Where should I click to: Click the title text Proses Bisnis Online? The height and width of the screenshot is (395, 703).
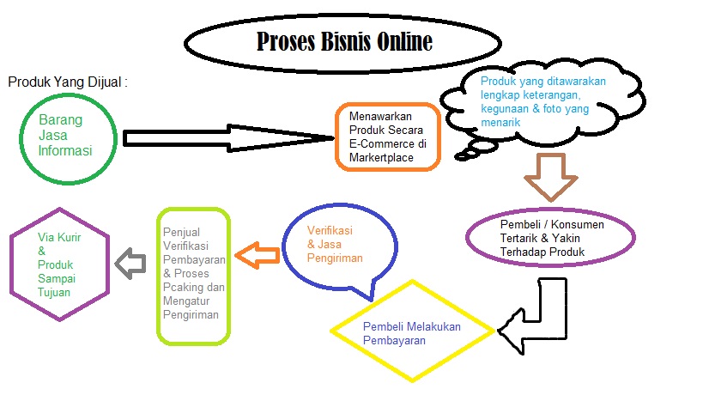point(344,42)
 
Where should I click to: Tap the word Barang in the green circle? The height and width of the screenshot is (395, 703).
point(61,120)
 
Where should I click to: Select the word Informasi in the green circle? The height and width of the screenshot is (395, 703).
point(65,150)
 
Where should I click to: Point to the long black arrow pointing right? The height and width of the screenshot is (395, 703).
point(228,138)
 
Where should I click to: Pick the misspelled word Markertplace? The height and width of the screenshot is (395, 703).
point(381,158)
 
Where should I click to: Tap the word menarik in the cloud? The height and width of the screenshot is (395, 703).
point(500,123)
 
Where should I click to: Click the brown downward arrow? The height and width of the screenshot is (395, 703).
point(550,177)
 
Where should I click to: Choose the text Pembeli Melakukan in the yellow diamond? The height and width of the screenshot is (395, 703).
point(411,327)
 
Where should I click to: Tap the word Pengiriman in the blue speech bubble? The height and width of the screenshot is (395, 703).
point(335,258)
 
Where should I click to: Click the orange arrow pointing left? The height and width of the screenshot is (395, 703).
point(258,256)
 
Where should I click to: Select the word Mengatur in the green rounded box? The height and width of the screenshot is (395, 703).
point(186,301)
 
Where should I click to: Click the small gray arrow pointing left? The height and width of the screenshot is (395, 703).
point(130,264)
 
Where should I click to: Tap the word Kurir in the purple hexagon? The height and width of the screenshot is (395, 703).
point(69,238)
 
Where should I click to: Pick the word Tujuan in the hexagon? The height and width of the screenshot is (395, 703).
point(54,293)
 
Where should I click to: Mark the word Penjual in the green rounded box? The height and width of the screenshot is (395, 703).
point(181,233)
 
